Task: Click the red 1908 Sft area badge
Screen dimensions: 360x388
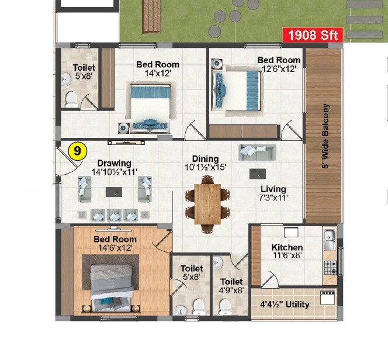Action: pyautogui.click(x=313, y=35)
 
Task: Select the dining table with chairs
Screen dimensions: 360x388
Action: pyautogui.click(x=207, y=203)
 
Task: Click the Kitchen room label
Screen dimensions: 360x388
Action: pyautogui.click(x=287, y=248)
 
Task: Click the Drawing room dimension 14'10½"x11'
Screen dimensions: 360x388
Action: pyautogui.click(x=114, y=172)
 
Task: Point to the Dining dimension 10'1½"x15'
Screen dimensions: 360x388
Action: pyautogui.click(x=205, y=167)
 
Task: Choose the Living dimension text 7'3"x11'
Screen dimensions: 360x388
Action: pyautogui.click(x=273, y=198)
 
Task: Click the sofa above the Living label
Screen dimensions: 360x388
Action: pyautogui.click(x=257, y=153)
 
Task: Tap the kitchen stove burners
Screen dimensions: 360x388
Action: pyautogui.click(x=330, y=268)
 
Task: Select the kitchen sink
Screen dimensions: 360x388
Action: pyautogui.click(x=330, y=237)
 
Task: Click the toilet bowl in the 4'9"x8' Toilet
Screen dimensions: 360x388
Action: pyautogui.click(x=224, y=305)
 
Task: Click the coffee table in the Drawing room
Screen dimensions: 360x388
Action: pyautogui.click(x=114, y=191)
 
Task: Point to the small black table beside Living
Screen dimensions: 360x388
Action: pyautogui.click(x=255, y=174)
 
